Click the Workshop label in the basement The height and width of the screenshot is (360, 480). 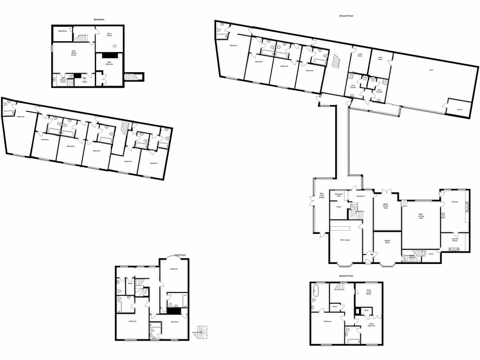(62, 31)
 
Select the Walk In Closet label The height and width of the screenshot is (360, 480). (84, 81)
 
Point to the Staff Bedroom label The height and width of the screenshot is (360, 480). (110, 63)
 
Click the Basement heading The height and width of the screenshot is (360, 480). (98, 19)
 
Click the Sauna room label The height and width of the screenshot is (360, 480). (459, 109)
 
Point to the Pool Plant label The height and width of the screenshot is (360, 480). (380, 59)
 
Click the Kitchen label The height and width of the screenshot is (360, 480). (454, 202)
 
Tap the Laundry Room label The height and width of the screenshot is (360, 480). (454, 240)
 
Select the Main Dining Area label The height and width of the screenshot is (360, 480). (421, 217)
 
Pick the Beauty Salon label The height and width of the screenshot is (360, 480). (388, 242)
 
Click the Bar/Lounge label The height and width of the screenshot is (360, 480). (345, 240)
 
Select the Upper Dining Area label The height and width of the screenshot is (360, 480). (386, 206)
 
